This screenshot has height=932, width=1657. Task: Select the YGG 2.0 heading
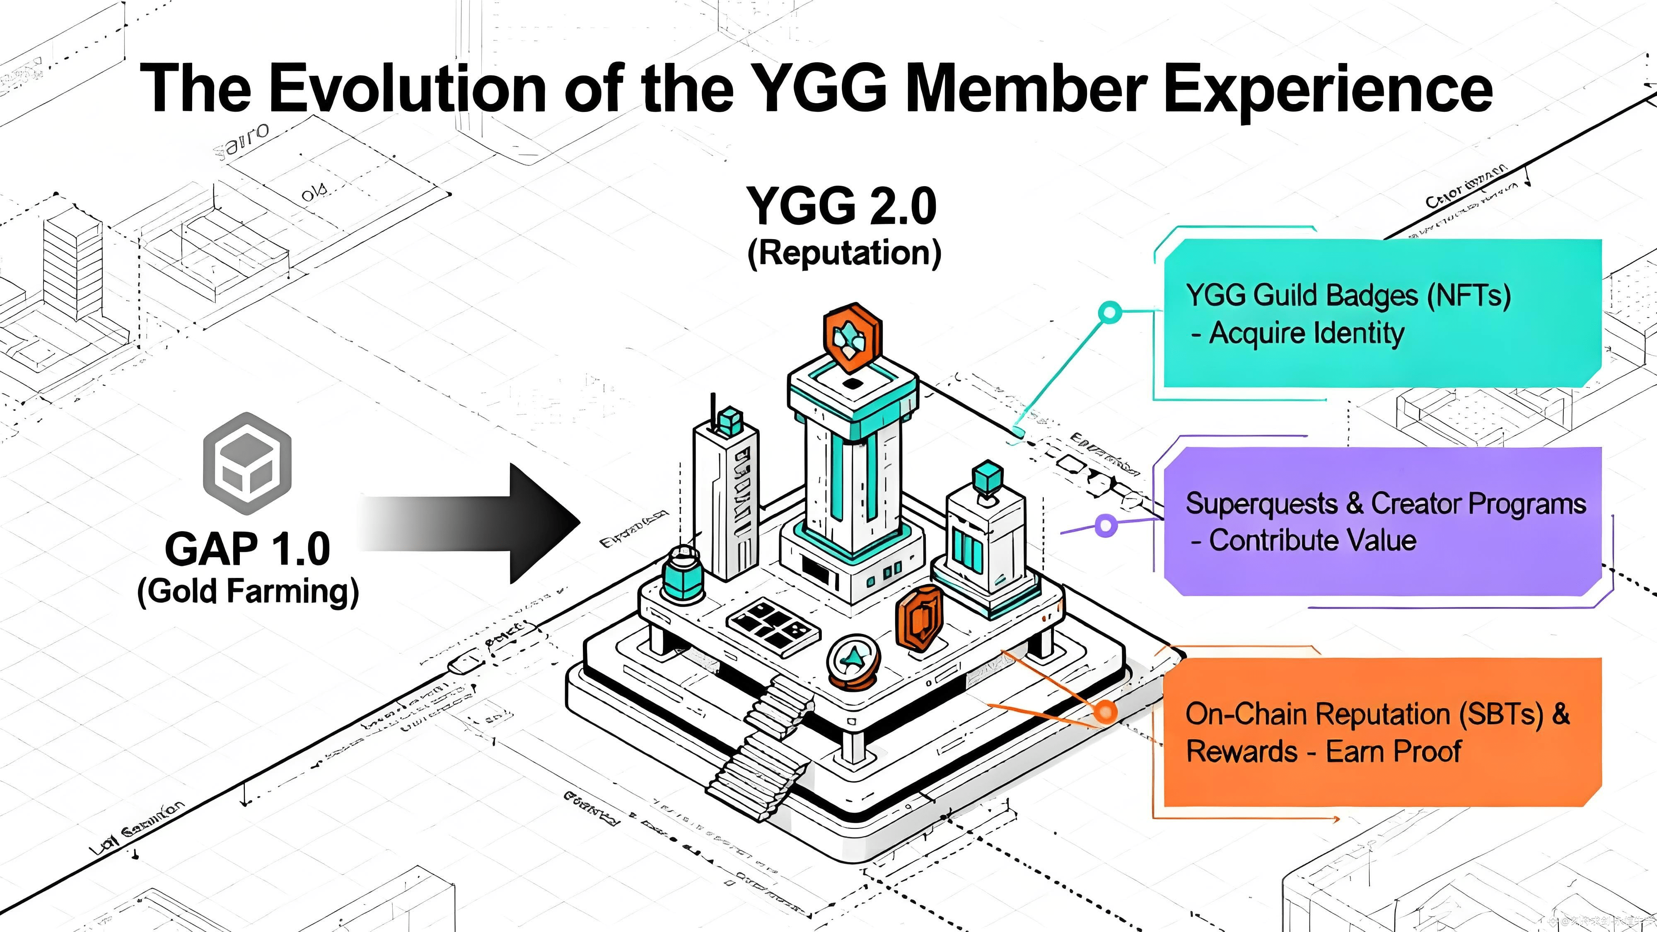click(841, 206)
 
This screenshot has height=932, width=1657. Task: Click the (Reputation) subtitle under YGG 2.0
click(844, 252)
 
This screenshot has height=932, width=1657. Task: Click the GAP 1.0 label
click(248, 549)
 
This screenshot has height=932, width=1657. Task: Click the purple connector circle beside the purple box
click(1105, 525)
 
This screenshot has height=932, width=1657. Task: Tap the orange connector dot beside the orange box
click(1106, 711)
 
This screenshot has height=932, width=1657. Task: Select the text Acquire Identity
click(1306, 333)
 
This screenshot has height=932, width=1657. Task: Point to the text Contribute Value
click(1312, 541)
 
